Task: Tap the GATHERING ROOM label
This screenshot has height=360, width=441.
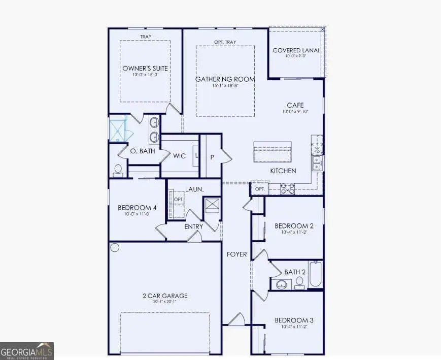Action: [225, 79]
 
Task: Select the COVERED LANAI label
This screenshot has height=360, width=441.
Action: [296, 50]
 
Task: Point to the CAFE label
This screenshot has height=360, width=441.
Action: [295, 105]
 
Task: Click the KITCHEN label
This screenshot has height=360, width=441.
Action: [283, 171]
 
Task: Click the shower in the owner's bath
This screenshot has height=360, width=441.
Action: [118, 129]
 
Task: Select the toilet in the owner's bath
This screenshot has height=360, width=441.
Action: [118, 170]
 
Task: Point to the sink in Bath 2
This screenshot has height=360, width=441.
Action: [281, 284]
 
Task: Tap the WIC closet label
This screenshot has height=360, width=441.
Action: [179, 156]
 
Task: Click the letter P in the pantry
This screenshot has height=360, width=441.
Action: [212, 157]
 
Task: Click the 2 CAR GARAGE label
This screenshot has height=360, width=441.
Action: [165, 296]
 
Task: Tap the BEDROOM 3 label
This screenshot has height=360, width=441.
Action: [294, 320]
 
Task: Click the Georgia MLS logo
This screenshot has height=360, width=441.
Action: [27, 351]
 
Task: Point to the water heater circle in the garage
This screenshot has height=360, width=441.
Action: [115, 248]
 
